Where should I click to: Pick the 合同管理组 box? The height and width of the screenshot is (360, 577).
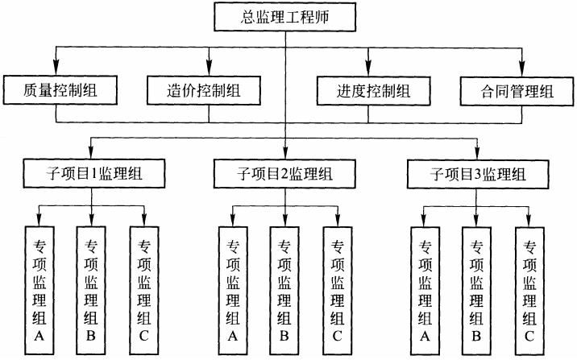(x=519, y=91)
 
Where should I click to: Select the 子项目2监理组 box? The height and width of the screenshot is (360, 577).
(x=284, y=172)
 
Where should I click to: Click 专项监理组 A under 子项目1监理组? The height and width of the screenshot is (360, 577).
(x=39, y=288)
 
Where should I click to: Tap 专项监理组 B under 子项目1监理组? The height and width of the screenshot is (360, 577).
(x=91, y=288)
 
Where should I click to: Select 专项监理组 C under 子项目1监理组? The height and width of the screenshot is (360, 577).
(x=144, y=288)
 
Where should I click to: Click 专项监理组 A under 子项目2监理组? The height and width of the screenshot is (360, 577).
(x=233, y=288)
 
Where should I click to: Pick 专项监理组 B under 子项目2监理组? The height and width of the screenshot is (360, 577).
(x=284, y=288)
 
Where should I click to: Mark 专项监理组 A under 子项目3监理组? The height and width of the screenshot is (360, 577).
(x=425, y=288)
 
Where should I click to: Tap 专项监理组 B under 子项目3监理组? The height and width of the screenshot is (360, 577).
(x=475, y=288)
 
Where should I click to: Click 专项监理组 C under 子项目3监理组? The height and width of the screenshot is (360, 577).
(x=529, y=288)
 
